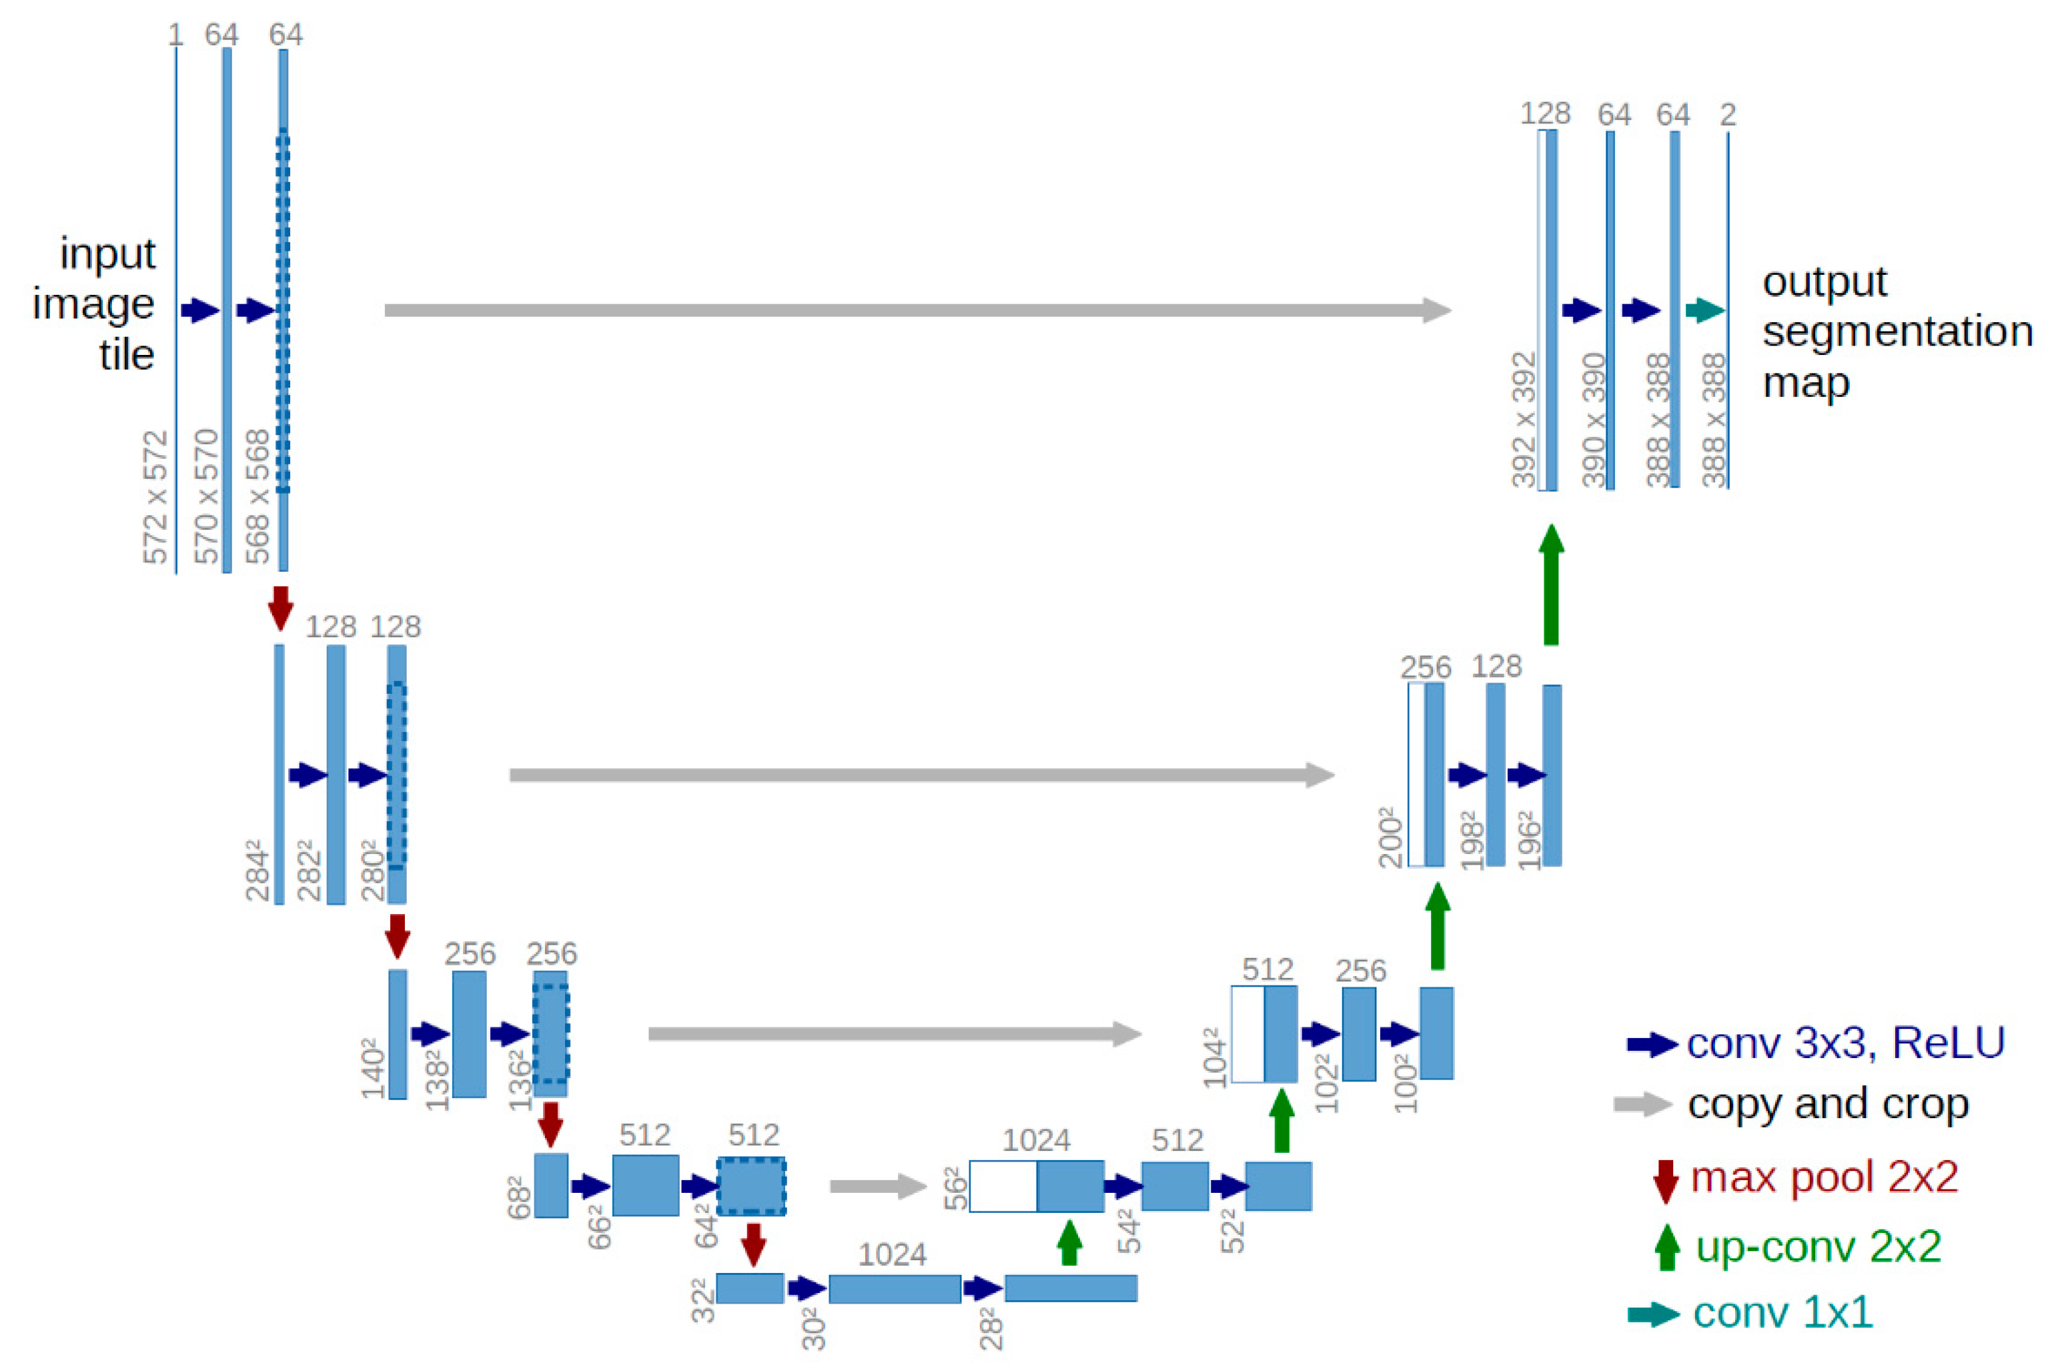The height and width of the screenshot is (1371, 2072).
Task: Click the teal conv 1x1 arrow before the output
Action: pyautogui.click(x=1704, y=310)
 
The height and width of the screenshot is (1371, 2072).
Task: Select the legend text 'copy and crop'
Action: pyautogui.click(x=1828, y=1103)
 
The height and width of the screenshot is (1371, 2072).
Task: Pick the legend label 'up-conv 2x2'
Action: pyautogui.click(x=1818, y=1246)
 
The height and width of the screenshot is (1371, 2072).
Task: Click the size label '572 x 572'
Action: pyautogui.click(x=155, y=496)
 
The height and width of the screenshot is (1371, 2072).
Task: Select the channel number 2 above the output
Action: pyautogui.click(x=1728, y=115)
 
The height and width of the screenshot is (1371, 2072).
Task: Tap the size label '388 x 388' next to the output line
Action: pyautogui.click(x=1714, y=420)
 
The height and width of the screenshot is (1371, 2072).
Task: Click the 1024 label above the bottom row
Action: pyautogui.click(x=892, y=1255)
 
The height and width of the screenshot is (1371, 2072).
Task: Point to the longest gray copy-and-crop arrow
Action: pyautogui.click(x=917, y=310)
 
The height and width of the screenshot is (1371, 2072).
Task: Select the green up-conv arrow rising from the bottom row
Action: pyautogui.click(x=1068, y=1242)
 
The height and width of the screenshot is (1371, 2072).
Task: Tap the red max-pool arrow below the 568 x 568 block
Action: pyautogui.click(x=280, y=608)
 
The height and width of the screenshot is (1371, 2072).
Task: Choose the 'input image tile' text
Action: pyautogui.click(x=96, y=304)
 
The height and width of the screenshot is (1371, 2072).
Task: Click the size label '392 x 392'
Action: pyautogui.click(x=1524, y=420)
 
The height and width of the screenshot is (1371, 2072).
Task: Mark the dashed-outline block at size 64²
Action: pyautogui.click(x=751, y=1186)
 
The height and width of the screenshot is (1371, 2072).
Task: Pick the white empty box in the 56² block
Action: pyautogui.click(x=1003, y=1186)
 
